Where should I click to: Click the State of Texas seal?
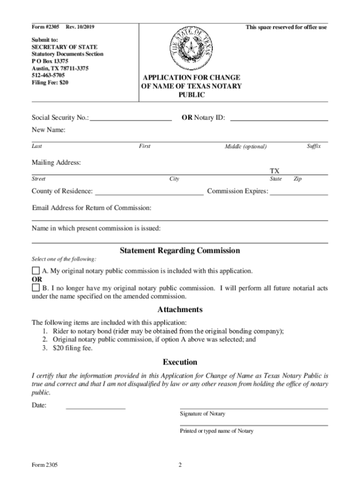[x=191, y=48]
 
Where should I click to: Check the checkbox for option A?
[x=36, y=271]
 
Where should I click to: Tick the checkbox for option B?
[x=36, y=288]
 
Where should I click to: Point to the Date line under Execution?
[x=96, y=408]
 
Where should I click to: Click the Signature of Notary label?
[x=202, y=414]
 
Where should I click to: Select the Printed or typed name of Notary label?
[x=217, y=431]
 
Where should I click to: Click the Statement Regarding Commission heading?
[x=180, y=251]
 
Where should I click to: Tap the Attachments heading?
[x=180, y=310]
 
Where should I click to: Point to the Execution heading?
[x=180, y=362]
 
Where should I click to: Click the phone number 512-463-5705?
[x=48, y=75]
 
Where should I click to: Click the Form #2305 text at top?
[x=45, y=27]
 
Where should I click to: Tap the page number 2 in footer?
[x=180, y=465]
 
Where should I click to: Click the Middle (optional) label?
[x=246, y=147]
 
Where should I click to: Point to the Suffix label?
[x=314, y=146]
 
